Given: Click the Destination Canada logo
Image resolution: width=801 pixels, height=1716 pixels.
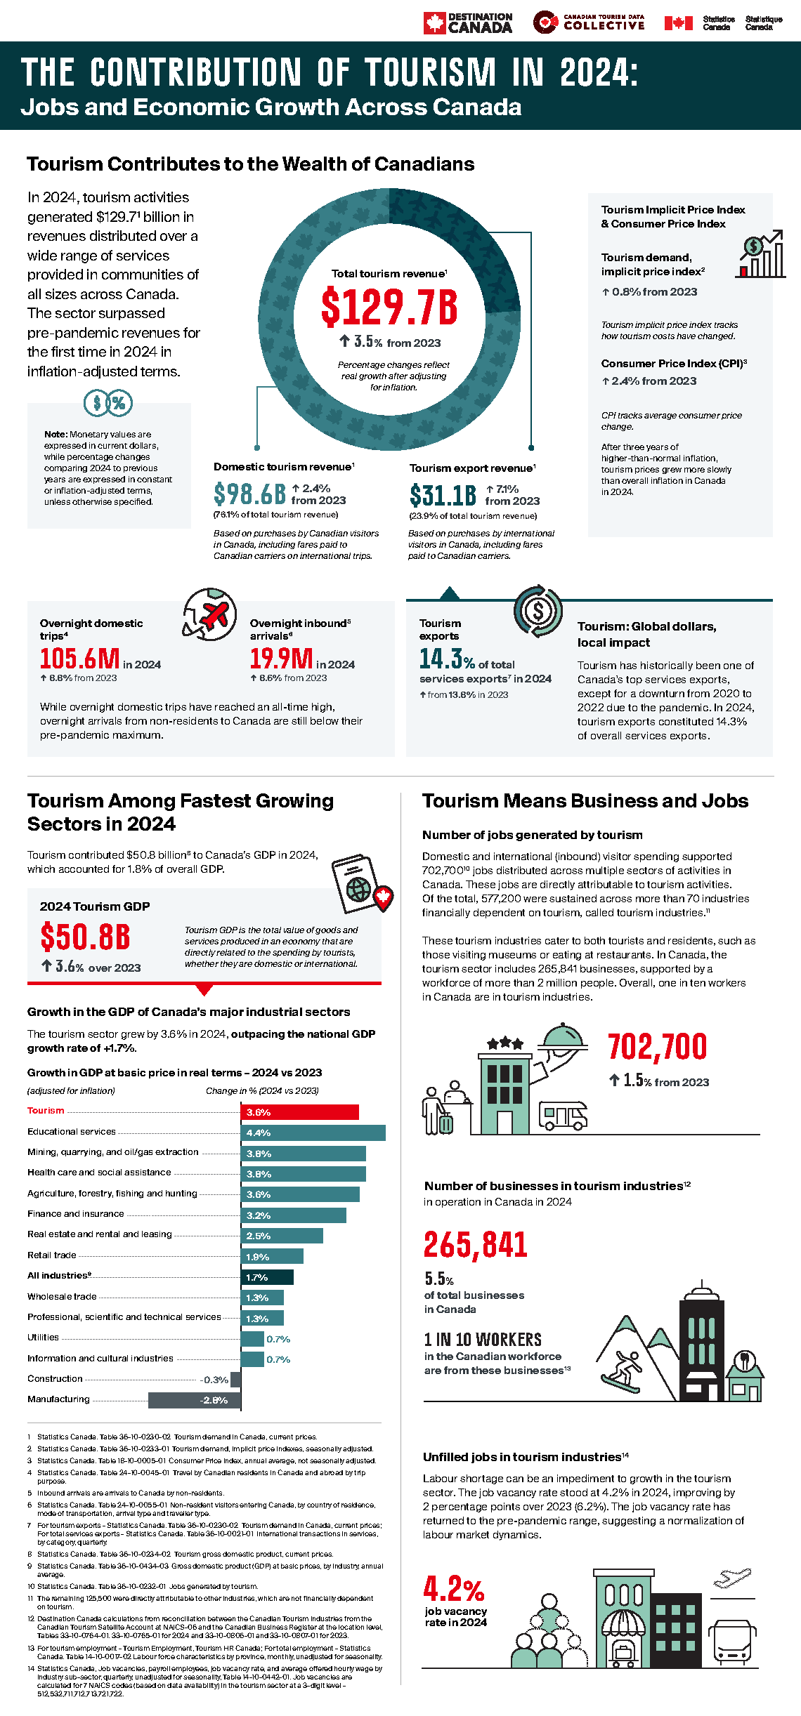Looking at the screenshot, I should coord(467,22).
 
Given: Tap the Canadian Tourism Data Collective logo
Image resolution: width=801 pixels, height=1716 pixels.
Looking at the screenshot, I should coord(589,22).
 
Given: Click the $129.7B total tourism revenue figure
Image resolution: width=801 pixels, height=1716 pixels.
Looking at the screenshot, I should coord(389,307).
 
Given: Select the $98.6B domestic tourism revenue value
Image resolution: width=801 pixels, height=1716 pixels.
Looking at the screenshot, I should coord(249,494).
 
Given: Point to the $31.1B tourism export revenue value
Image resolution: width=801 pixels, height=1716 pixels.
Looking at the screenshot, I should coord(443,496).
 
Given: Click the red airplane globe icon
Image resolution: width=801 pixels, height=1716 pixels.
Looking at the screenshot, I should coord(210,614).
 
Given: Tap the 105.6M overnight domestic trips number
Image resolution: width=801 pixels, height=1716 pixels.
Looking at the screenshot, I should coord(79,659).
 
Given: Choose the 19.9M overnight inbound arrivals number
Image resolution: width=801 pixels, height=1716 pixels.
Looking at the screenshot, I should coord(281,659).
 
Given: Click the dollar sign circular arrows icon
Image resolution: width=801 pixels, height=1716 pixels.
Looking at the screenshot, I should coord(538,611).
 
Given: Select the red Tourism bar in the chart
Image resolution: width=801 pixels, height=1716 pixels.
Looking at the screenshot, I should coord(300,1112).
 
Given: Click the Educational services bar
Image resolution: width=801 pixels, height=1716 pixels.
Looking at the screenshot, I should coord(313,1133).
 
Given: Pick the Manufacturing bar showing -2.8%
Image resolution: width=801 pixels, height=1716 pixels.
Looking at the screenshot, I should coord(194,1400).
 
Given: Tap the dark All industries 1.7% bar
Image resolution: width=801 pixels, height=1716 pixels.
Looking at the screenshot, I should coord(267,1277).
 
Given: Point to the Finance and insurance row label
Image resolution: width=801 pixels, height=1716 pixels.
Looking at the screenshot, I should coord(76,1214).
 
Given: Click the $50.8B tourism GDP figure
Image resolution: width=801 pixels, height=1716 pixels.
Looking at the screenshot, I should coord(85,937).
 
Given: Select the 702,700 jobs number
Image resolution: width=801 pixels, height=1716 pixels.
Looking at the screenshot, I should coord(658,1047).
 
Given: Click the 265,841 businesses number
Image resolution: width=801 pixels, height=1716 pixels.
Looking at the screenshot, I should coord(476,1245).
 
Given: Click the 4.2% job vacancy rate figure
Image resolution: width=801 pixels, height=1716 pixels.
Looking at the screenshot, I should coord(454,1589).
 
